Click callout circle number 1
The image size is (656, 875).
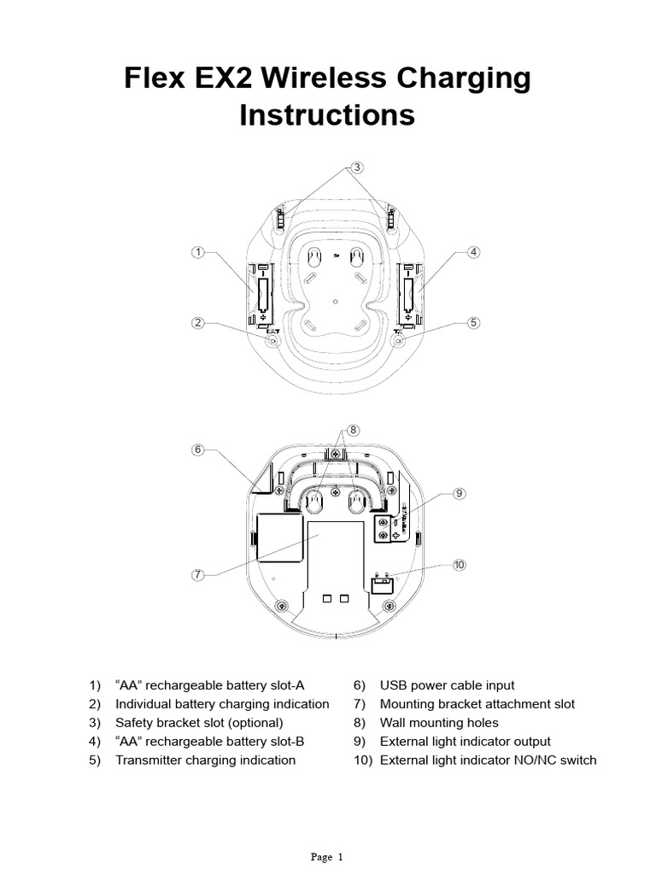(x=198, y=252)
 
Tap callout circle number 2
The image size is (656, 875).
(x=198, y=323)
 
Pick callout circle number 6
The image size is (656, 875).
(x=198, y=449)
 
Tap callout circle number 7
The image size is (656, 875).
(x=198, y=575)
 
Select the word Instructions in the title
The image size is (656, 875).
(x=327, y=115)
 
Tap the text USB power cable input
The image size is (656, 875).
(x=447, y=685)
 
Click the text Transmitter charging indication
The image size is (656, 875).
(x=205, y=760)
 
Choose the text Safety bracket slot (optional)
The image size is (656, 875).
(x=199, y=723)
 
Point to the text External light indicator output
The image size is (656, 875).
(x=465, y=742)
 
